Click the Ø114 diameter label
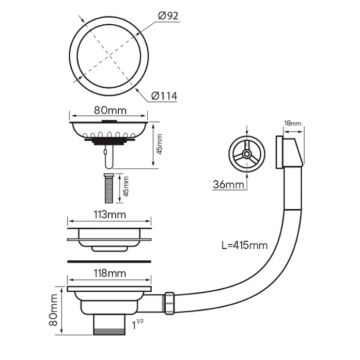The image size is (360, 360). pyautogui.click(x=164, y=96)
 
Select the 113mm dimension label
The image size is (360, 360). pyautogui.click(x=109, y=214)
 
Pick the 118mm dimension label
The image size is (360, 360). pyautogui.click(x=109, y=274)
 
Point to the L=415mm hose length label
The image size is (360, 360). pyautogui.click(x=244, y=245)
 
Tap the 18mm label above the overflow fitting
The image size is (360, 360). pyautogui.click(x=292, y=123)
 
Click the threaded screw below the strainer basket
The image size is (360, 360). pyautogui.click(x=108, y=189)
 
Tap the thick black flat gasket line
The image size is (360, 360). pyautogui.click(x=109, y=257)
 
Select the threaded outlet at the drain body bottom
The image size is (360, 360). pyautogui.click(x=109, y=325)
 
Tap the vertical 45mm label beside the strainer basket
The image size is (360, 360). pyautogui.click(x=160, y=144)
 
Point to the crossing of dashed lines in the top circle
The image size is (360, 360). pyautogui.click(x=109, y=52)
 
